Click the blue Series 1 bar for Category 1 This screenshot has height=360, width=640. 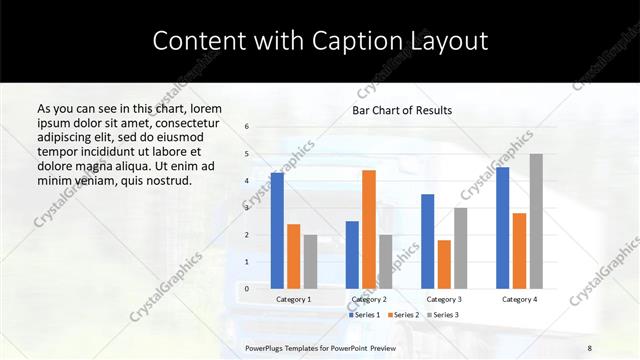277,230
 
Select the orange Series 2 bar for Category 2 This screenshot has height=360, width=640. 369,229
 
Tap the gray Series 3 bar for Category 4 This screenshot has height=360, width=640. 536,221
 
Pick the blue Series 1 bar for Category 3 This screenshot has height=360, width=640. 427,241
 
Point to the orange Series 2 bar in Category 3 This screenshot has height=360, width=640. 444,264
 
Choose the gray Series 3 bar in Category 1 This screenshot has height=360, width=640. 310,261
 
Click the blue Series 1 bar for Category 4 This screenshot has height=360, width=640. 502,227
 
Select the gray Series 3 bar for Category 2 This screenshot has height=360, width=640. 386,261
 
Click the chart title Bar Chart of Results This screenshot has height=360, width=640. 402,110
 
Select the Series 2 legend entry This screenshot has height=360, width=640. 402,315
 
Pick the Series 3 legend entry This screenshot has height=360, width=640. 442,315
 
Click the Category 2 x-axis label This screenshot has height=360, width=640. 369,299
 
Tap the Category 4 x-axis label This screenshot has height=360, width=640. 519,299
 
